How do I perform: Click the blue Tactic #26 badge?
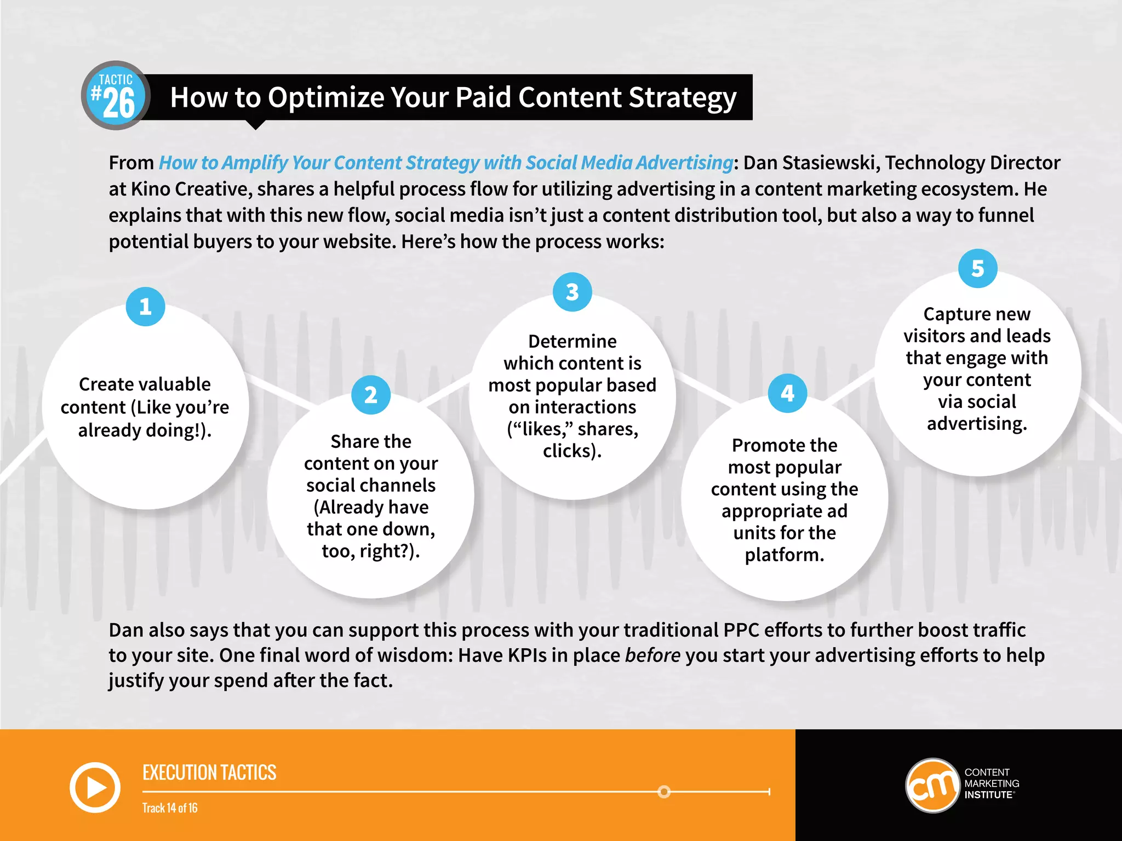116,96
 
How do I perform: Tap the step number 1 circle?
145,307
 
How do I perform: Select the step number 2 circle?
371,395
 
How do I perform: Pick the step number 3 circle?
572,292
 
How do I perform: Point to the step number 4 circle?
787,393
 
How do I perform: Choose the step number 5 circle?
977,268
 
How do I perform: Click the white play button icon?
95,787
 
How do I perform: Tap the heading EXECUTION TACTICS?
209,773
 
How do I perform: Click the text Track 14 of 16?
170,808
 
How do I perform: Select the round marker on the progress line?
664,792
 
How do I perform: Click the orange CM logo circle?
932,785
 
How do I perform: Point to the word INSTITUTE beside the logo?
988,795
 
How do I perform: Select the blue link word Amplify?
255,163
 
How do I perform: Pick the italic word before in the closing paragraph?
652,655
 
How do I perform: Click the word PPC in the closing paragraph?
741,630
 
